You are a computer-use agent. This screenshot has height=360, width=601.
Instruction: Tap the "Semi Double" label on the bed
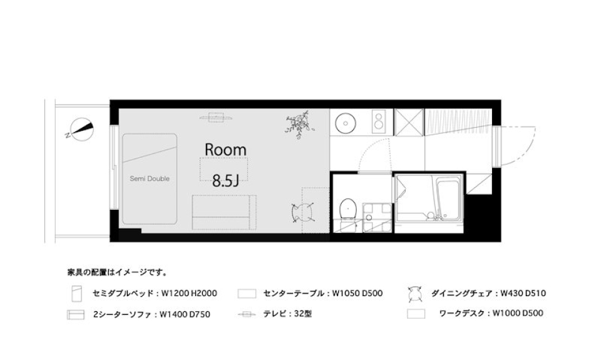150,178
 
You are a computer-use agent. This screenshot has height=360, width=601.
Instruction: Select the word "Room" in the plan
225,150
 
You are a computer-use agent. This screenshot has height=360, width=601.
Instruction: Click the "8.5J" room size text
225,181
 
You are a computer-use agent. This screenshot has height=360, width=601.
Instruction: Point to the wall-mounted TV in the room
217,116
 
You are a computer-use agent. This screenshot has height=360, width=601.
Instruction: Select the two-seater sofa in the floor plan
223,212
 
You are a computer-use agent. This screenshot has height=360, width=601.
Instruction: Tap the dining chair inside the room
303,212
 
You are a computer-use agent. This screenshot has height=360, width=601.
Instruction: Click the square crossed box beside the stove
409,121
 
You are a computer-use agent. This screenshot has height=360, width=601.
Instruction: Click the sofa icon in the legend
76,314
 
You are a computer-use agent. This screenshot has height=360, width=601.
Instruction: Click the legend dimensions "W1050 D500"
357,293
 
